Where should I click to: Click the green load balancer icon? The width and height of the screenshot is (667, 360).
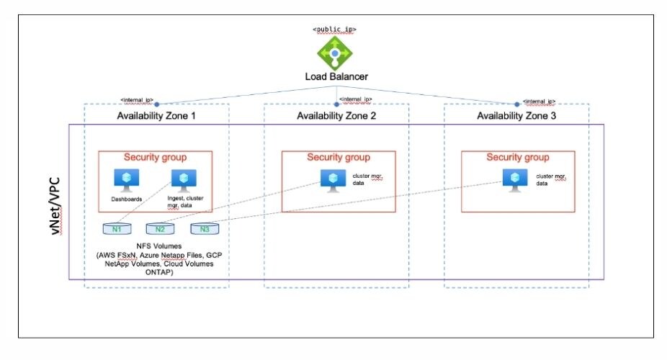(334, 52)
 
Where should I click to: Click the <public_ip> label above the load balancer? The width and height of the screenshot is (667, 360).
(334, 30)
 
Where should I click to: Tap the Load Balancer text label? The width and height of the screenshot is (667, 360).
(334, 76)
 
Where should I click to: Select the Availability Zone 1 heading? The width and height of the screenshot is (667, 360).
(156, 115)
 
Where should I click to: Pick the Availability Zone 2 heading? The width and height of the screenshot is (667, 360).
(336, 115)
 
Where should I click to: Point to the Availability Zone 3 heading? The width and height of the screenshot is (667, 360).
(516, 115)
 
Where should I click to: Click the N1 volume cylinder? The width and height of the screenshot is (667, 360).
(117, 229)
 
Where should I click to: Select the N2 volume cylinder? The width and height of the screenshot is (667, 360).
(161, 229)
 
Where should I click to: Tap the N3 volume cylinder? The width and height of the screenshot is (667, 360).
(205, 229)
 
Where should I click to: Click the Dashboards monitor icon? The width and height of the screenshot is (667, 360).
(127, 178)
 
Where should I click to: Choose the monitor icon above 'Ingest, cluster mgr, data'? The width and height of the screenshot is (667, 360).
(184, 179)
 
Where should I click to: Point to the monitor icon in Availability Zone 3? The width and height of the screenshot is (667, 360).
(513, 179)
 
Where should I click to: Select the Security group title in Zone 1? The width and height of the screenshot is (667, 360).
(155, 158)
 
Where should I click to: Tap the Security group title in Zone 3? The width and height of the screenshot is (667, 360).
(517, 158)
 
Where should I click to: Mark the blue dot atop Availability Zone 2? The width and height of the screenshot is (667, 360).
(336, 104)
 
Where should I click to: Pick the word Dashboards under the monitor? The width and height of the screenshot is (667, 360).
(127, 198)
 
